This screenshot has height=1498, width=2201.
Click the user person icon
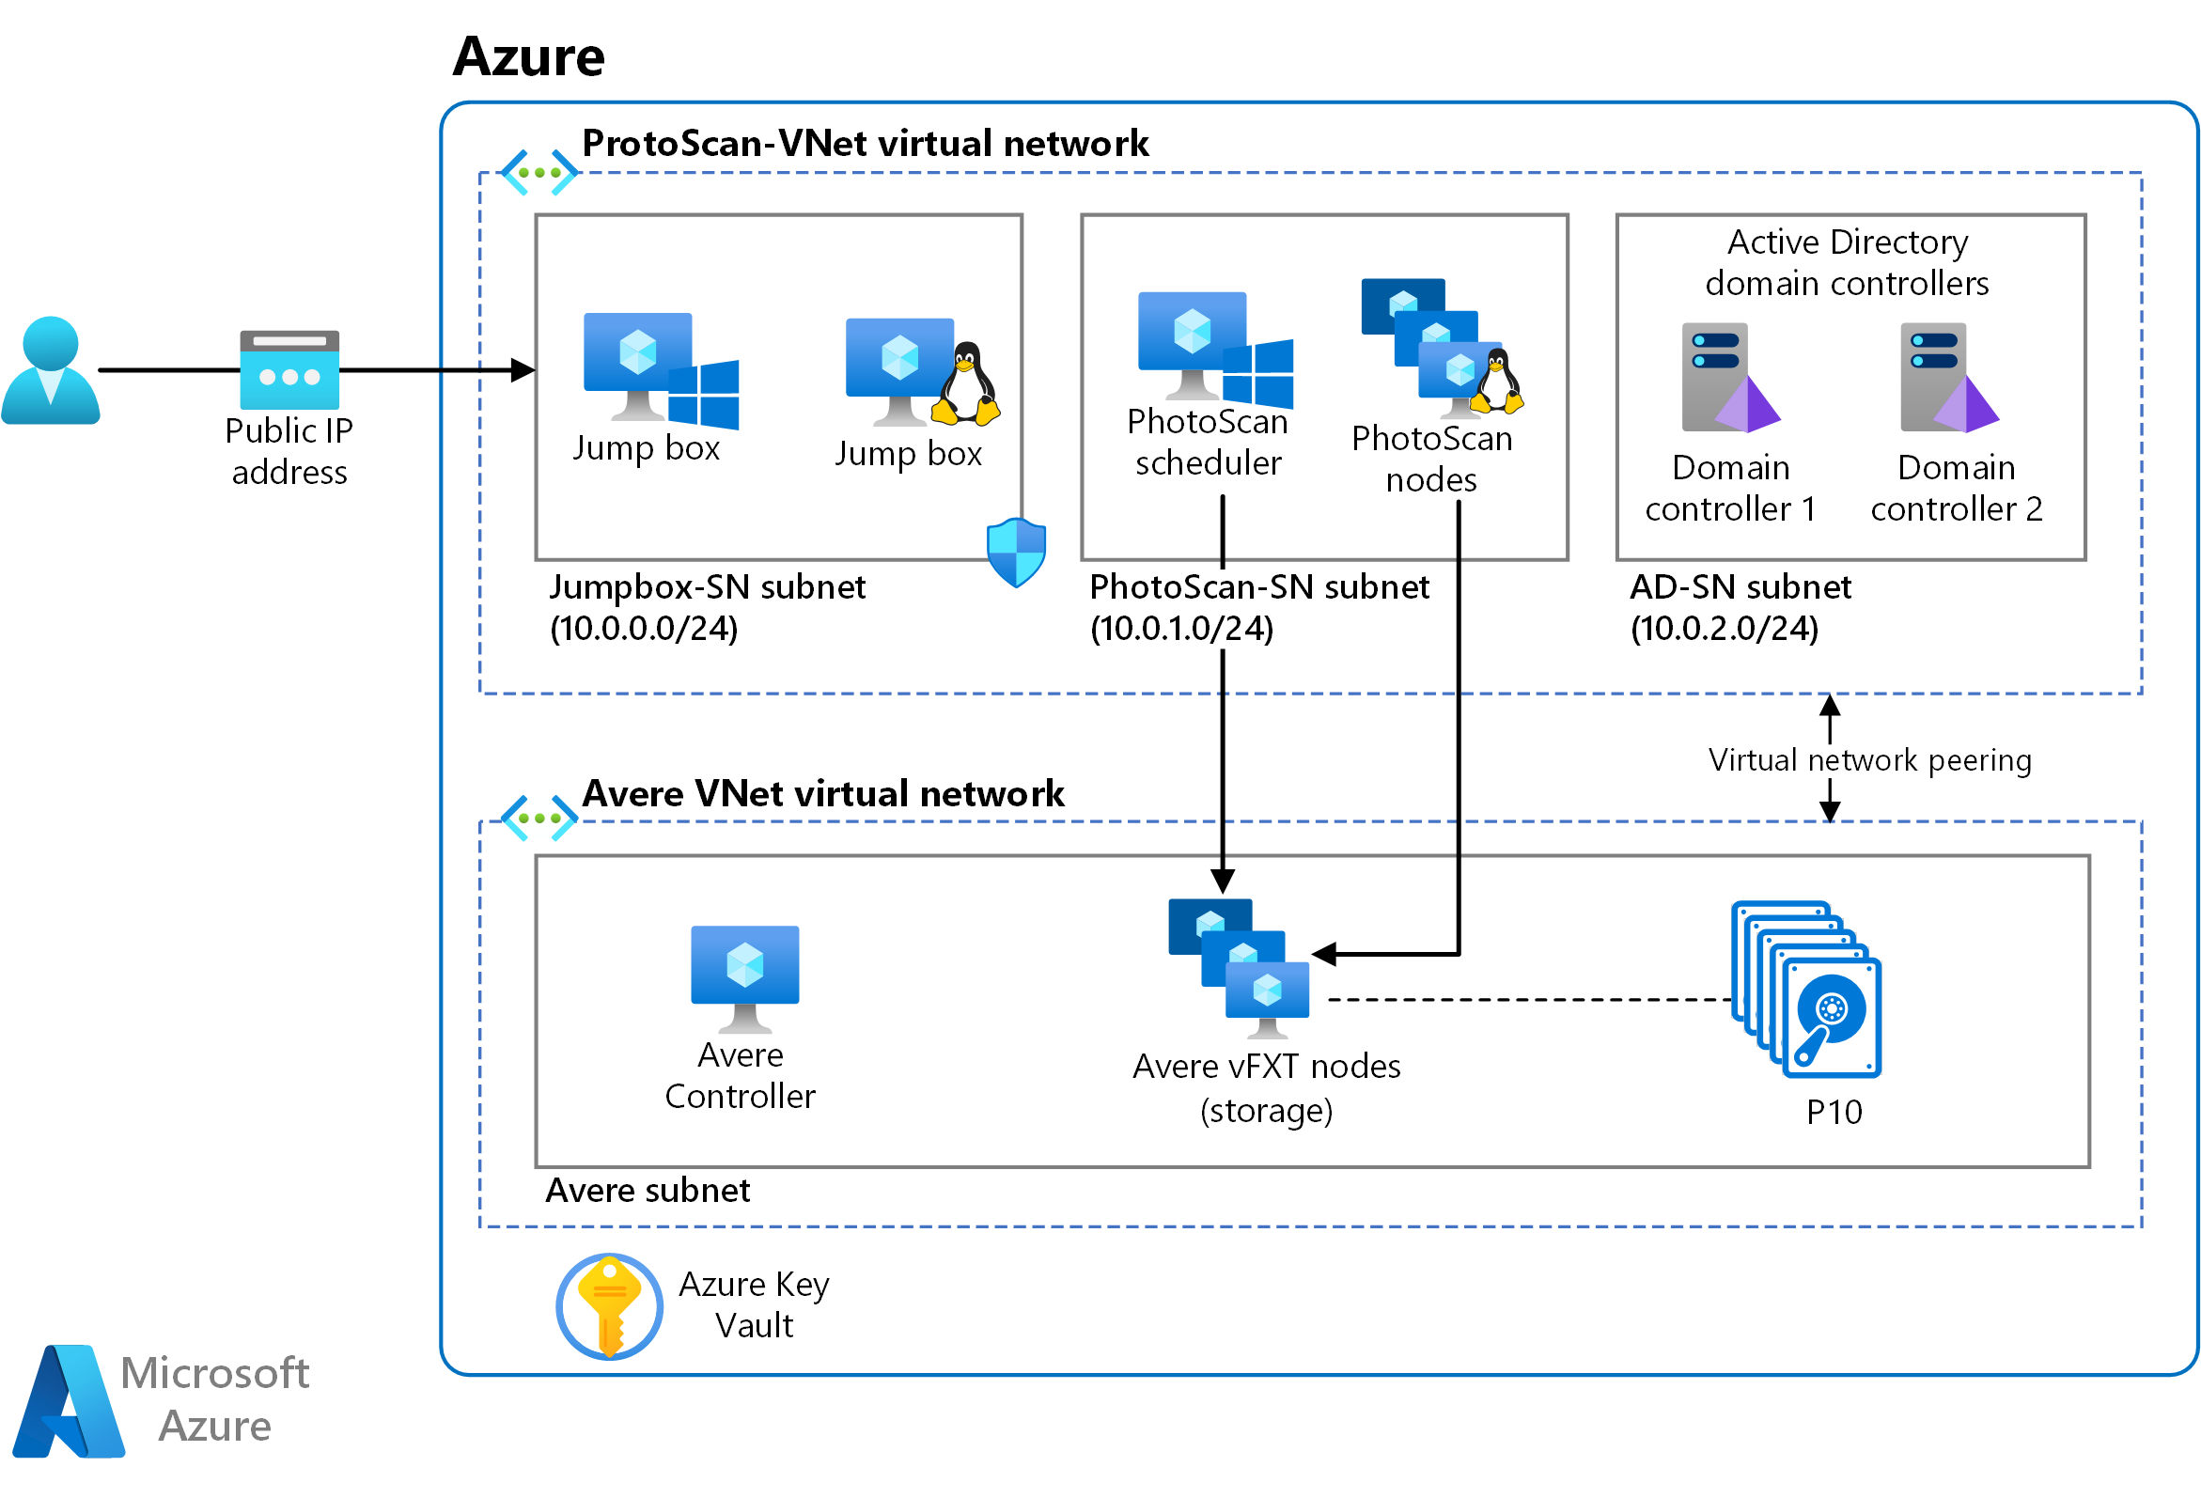click(x=50, y=369)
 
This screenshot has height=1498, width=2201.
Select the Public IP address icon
click(x=289, y=369)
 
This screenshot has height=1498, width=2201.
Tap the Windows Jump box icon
click(x=661, y=370)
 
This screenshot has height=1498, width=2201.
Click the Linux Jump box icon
click(x=923, y=371)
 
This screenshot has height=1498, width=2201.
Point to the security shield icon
click(x=1016, y=552)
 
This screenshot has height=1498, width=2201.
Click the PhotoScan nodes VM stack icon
click(x=1443, y=348)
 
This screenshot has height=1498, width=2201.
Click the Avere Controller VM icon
click(x=745, y=979)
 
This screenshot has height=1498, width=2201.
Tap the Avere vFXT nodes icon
click(x=1239, y=968)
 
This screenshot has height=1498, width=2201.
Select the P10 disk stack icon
click(x=1806, y=990)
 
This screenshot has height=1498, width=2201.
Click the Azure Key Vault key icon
click(x=609, y=1306)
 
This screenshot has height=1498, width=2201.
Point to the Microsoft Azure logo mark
click(x=69, y=1401)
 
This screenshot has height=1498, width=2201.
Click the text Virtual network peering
click(x=1870, y=760)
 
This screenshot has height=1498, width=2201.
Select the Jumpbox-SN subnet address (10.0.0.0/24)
click(x=644, y=629)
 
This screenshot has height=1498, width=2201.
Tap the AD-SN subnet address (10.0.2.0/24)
click(x=1725, y=629)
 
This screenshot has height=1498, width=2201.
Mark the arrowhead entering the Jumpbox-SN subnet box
click(x=523, y=370)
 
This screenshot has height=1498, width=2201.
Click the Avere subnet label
click(x=648, y=1191)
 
